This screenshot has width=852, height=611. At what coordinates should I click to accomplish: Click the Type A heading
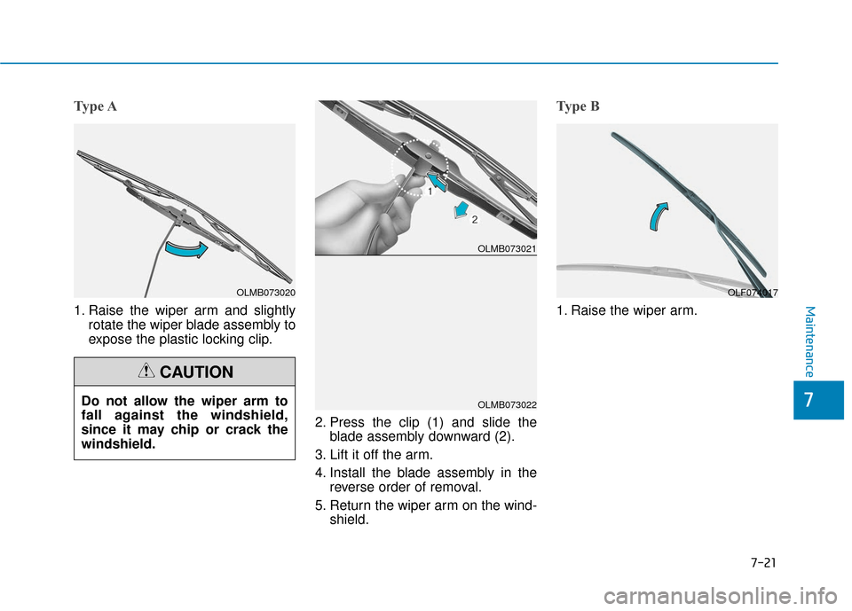(95, 106)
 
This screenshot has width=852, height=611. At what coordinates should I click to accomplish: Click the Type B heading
(578, 106)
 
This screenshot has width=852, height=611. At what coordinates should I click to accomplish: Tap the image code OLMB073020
(265, 292)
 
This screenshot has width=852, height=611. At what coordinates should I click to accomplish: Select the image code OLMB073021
(506, 249)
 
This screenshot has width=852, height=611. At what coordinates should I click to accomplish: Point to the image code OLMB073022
(506, 404)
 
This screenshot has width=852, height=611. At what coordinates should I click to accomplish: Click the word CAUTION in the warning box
(196, 372)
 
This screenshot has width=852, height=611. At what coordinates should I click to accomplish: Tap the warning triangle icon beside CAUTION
(148, 372)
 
